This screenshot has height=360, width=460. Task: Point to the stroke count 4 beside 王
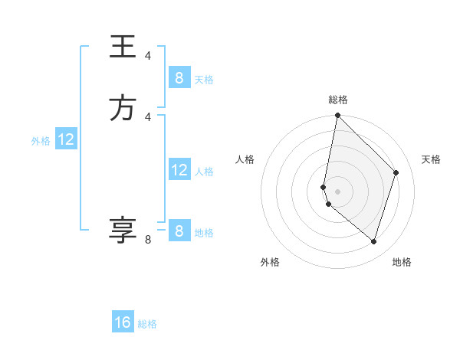tap(148, 56)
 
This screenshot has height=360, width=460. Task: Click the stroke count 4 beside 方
tap(148, 116)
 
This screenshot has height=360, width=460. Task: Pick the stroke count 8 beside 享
tap(148, 240)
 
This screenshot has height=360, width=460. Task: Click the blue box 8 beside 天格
tap(179, 78)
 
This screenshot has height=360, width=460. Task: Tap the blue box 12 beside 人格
tap(179, 170)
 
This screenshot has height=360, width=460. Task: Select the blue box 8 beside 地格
tap(179, 231)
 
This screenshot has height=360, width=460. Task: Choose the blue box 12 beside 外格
tap(66, 139)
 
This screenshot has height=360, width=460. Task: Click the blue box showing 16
tap(123, 322)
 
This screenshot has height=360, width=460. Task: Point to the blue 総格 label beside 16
tap(147, 324)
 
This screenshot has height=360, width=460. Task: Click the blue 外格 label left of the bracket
tap(41, 141)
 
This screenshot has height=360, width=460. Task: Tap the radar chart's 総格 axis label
tap(338, 100)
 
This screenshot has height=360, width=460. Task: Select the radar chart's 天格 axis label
tap(431, 159)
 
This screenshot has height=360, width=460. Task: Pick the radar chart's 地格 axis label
tap(402, 262)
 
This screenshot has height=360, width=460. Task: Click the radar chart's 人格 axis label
tap(245, 159)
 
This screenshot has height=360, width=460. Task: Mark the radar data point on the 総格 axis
tap(337, 115)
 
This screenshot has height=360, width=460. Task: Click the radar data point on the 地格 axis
tap(374, 241)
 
